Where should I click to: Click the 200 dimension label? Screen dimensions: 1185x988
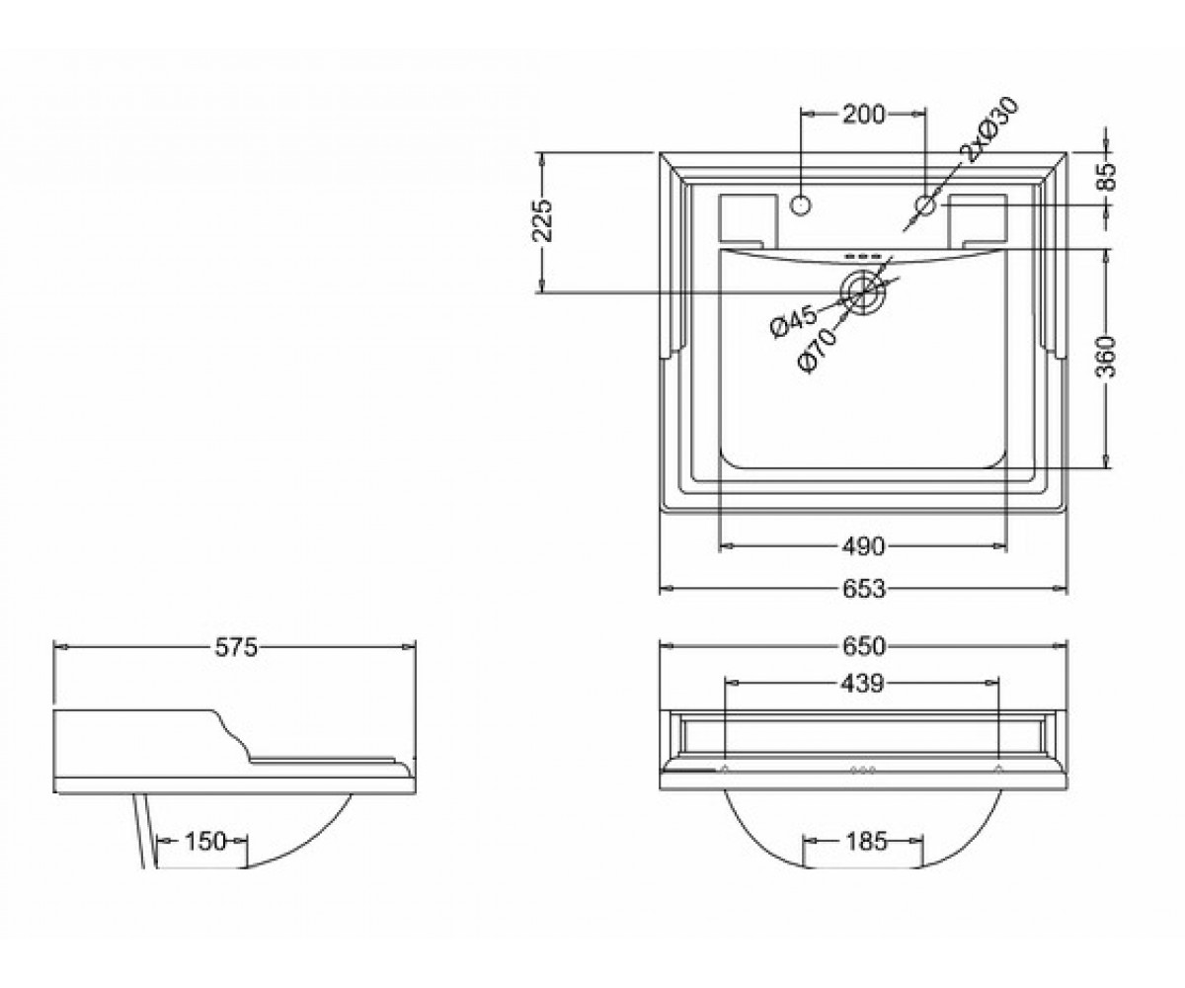(x=863, y=116)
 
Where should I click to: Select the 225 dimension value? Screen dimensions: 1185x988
(x=543, y=220)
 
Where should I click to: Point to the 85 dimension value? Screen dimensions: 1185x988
(x=1107, y=176)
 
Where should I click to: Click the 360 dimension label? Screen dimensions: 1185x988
(x=1107, y=356)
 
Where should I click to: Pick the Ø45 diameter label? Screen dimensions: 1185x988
(x=794, y=321)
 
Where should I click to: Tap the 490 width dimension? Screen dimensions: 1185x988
(x=863, y=546)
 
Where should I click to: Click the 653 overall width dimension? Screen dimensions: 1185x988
(x=863, y=589)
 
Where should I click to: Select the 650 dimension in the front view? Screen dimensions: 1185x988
(x=863, y=646)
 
